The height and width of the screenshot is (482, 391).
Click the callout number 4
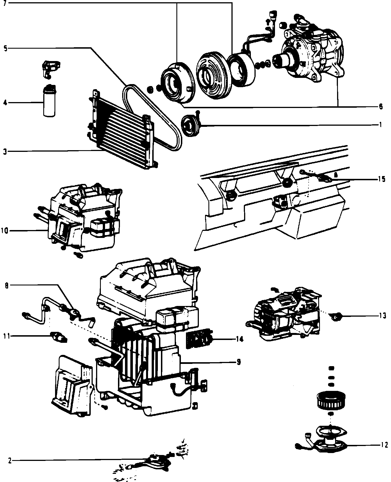pos(5,102)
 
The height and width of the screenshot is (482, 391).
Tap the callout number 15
pos(381,179)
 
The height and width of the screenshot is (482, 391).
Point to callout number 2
pos(10,461)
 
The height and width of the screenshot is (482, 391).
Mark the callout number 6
pos(381,107)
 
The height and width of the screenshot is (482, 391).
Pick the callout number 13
pos(382,316)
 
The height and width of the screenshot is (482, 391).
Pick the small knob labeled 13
pos(336,316)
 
